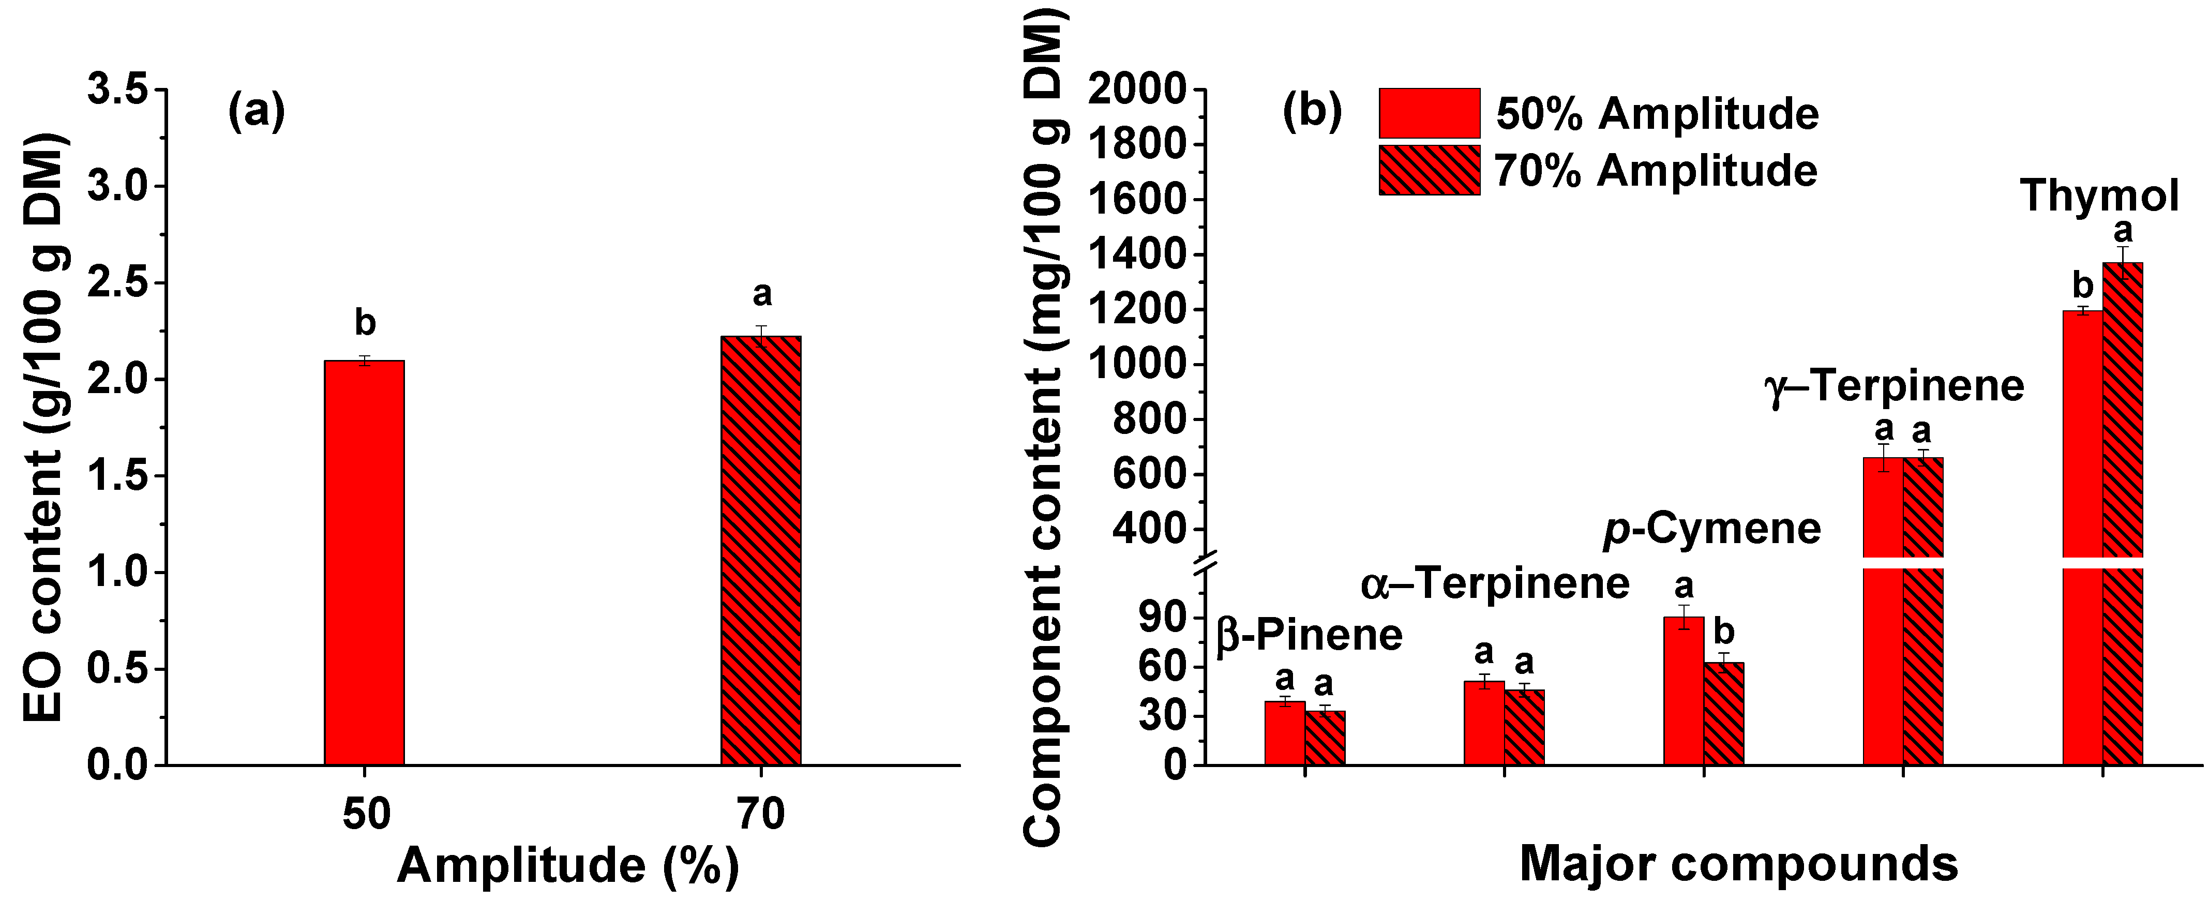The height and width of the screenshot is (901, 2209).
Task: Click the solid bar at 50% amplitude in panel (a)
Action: click(364, 562)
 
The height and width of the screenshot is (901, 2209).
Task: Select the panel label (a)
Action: click(256, 111)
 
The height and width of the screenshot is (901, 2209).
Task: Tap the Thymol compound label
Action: click(2098, 196)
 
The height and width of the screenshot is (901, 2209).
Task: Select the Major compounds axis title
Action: click(1738, 864)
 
